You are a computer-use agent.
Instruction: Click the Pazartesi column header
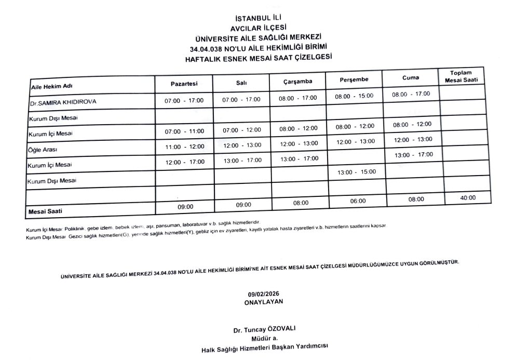tap(184, 84)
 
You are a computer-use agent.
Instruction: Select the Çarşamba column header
tap(296, 82)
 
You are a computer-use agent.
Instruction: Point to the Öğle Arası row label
tap(43, 150)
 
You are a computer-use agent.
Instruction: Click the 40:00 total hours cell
tap(468, 197)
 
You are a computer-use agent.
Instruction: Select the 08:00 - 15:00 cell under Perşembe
tap(355, 96)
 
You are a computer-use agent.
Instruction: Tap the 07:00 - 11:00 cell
tap(184, 131)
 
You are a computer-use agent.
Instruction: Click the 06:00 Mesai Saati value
tap(358, 201)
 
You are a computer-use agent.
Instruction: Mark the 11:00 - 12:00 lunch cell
tap(184, 147)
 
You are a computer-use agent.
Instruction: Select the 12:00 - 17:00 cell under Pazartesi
tap(185, 162)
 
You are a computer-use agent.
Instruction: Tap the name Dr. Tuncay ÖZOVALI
tap(264, 330)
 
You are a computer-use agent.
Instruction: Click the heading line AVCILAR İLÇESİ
tap(258, 28)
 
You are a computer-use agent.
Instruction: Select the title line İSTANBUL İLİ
tap(258, 19)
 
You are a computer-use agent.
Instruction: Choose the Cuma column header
tap(411, 78)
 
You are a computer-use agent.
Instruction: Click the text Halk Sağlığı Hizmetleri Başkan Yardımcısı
tap(265, 349)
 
